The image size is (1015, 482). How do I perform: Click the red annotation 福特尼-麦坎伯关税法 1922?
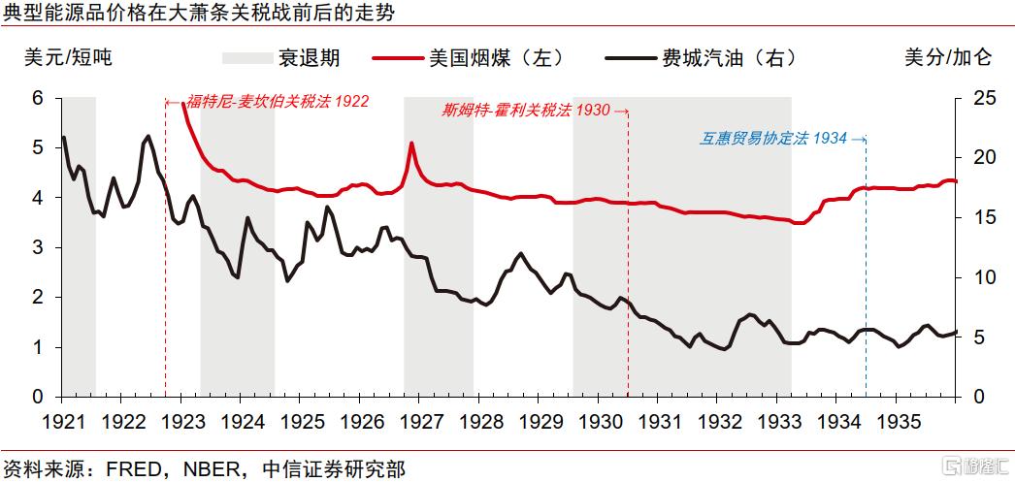tap(278, 101)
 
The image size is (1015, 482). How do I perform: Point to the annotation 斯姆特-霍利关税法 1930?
tap(525, 110)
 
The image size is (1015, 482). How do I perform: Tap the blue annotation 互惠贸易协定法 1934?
tap(773, 138)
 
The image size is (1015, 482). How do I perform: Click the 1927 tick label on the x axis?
tap(419, 423)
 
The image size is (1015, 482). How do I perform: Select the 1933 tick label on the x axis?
tap(778, 423)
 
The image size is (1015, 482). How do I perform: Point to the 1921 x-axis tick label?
tap(61, 423)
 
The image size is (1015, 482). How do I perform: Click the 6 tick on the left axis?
tap(39, 98)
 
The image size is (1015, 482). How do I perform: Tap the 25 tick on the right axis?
tap(981, 98)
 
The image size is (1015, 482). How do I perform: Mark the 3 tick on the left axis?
tap(39, 247)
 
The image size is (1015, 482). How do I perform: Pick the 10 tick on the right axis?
tap(981, 277)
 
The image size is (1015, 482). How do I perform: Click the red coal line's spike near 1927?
tap(411, 144)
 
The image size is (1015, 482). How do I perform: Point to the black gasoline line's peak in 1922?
tap(147, 137)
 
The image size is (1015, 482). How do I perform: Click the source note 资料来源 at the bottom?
tap(204, 468)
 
